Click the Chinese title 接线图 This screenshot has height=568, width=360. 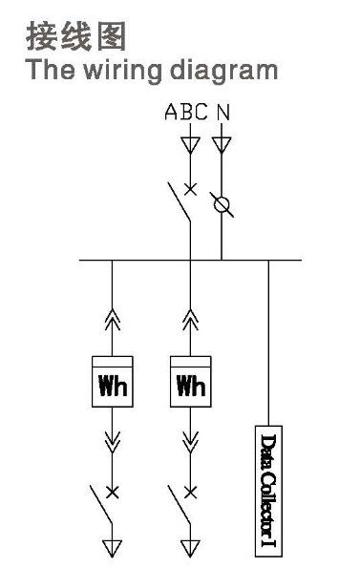[75, 36]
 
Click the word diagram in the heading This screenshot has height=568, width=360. [223, 71]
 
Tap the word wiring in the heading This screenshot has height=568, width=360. [123, 71]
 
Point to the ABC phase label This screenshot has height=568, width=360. [186, 112]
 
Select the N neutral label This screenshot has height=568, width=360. [223, 112]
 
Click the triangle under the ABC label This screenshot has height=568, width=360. [190, 145]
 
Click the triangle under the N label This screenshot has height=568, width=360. [222, 145]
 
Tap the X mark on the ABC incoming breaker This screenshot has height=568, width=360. [190, 189]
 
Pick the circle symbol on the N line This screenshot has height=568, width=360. [222, 204]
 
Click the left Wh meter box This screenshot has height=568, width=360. [113, 382]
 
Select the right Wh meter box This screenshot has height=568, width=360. [190, 382]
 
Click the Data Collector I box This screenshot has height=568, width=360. [268, 491]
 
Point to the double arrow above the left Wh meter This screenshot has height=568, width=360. [113, 320]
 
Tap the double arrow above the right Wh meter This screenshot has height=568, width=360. [190, 320]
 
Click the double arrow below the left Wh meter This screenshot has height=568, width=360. [113, 442]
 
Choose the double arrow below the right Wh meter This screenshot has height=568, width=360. [190, 442]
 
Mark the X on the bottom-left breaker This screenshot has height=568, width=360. [113, 492]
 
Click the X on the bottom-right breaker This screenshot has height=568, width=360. [190, 492]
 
